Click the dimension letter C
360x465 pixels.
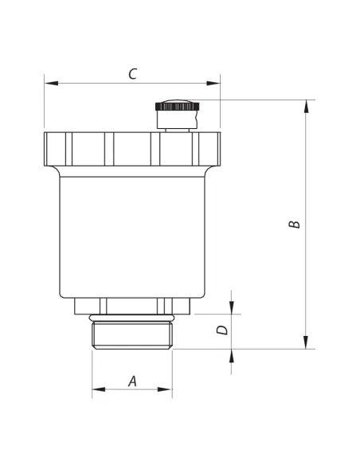click(x=133, y=74)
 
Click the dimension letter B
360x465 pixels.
click(x=294, y=225)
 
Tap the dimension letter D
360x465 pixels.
click(x=221, y=330)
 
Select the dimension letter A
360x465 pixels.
click(x=132, y=381)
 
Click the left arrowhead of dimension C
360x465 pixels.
click(x=51, y=84)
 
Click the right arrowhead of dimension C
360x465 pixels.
click(x=213, y=84)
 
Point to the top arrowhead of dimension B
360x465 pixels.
click(x=306, y=107)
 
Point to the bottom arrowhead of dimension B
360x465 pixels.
click(x=306, y=342)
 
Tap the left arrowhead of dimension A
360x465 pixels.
click(x=99, y=389)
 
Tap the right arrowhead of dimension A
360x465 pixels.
click(x=165, y=389)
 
